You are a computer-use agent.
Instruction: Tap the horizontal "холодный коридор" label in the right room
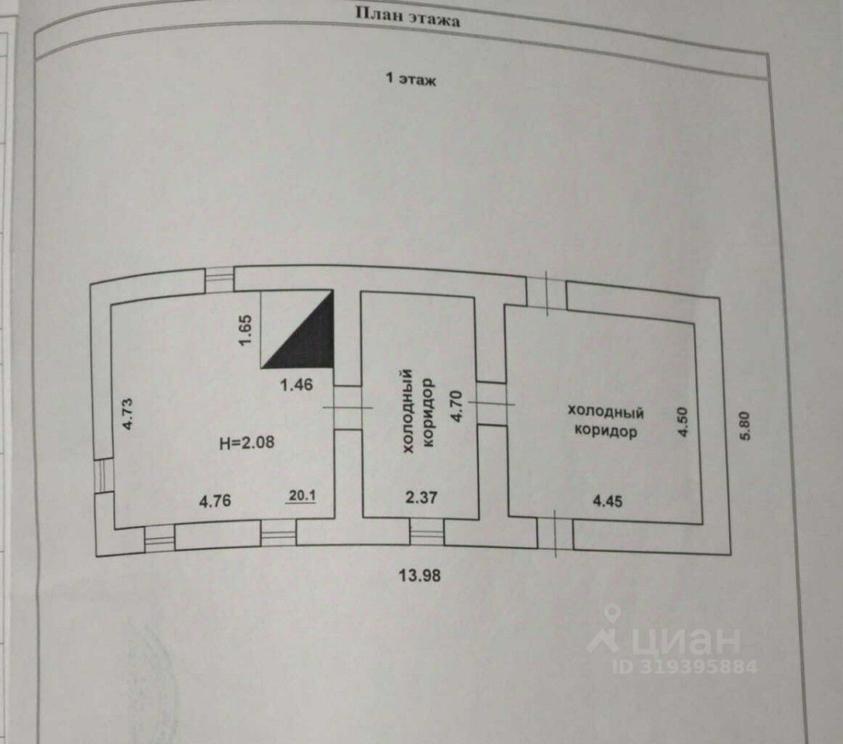(x=606, y=421)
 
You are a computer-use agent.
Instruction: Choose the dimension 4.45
(x=607, y=501)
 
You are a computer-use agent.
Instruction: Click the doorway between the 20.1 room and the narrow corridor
(x=348, y=408)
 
